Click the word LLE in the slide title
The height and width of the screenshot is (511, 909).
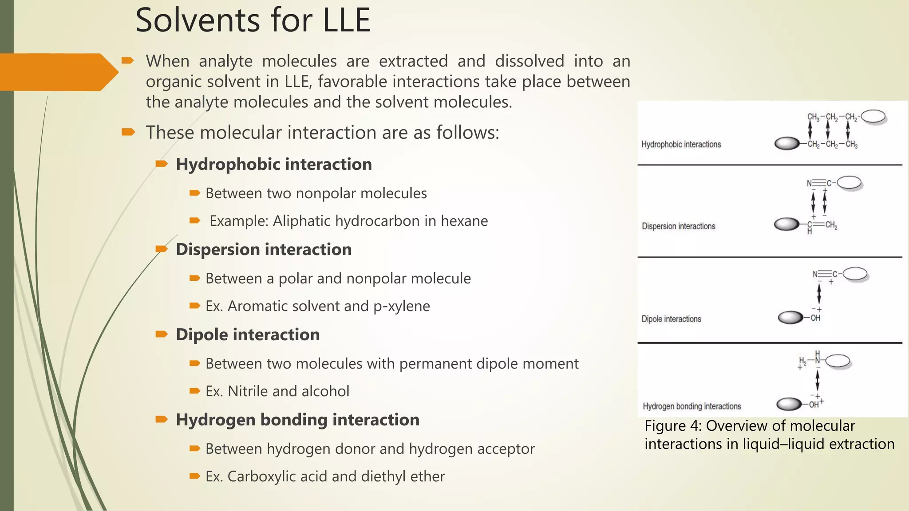point(346,20)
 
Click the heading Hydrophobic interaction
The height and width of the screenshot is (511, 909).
point(273,164)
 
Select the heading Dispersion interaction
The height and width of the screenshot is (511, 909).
point(264,249)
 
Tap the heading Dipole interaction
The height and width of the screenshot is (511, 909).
point(248,334)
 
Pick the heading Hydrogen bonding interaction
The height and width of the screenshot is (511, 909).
point(297,420)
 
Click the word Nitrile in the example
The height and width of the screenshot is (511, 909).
point(248,391)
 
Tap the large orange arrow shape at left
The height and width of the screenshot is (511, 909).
point(55,72)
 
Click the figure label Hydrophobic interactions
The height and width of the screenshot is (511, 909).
point(681,145)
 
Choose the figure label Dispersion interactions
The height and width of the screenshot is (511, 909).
point(678,226)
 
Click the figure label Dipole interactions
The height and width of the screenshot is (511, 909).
point(671,319)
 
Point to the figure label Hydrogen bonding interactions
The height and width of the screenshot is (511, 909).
point(692,406)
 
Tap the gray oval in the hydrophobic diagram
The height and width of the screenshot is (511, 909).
point(787,144)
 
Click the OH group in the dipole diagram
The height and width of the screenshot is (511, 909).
point(815,318)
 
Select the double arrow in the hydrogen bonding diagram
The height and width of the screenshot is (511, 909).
point(817,381)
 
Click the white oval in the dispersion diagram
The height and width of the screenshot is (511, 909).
point(849,182)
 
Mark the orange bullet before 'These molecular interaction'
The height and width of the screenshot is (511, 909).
point(128,132)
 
